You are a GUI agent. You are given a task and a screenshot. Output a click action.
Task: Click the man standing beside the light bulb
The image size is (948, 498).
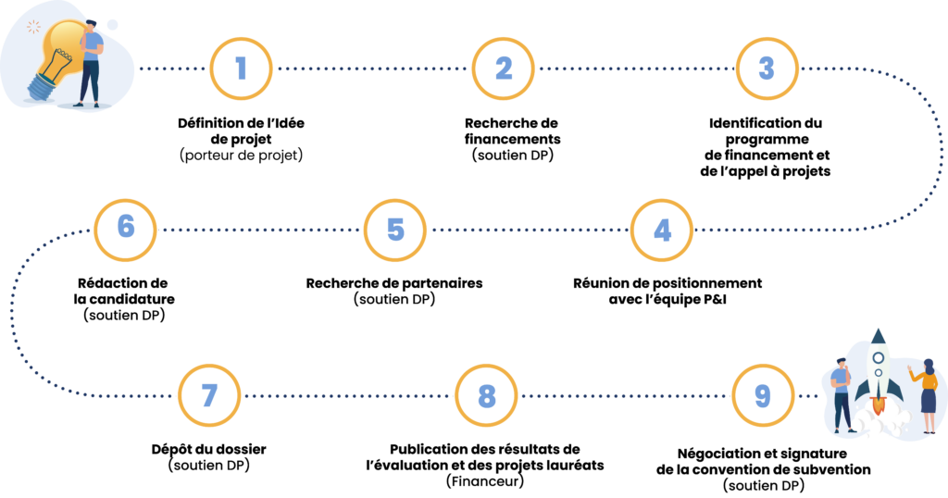coord(90,64)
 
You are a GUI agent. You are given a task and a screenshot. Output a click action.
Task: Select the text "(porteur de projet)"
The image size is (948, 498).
coord(242,156)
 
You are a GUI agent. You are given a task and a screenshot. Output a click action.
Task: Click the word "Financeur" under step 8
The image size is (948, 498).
coord(485,481)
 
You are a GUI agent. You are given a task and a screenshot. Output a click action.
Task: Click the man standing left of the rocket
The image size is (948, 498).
coord(842,395)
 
